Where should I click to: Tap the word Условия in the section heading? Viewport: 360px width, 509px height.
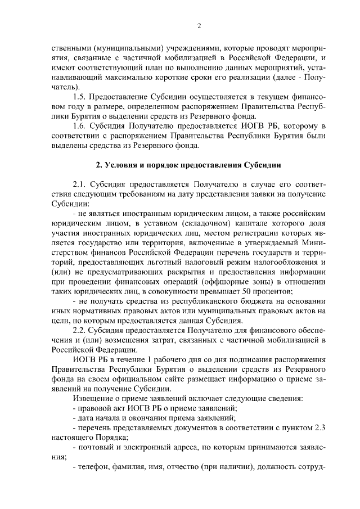pos(120,165)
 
